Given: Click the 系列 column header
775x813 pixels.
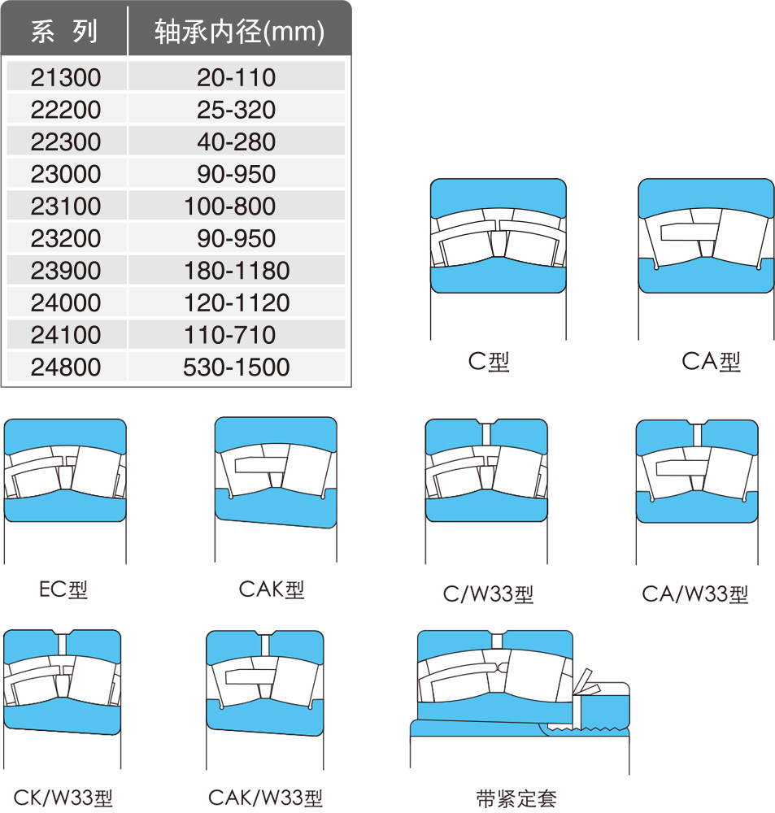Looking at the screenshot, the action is click(x=63, y=31).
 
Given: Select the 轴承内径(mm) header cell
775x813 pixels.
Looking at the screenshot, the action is click(x=239, y=32).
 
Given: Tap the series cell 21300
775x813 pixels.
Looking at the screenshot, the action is click(x=66, y=78).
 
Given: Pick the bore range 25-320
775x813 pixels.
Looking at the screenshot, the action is click(x=236, y=110).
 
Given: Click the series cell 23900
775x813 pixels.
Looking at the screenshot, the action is click(x=66, y=271).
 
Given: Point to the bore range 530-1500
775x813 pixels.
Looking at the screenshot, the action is click(x=236, y=367).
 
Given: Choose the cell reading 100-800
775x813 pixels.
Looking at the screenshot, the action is click(x=230, y=207).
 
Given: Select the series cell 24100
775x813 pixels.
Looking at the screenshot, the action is click(x=66, y=335).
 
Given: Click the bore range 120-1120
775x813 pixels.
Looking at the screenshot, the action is click(x=237, y=302).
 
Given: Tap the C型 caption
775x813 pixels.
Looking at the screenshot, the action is click(x=489, y=362).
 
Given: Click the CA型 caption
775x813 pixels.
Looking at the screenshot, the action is click(x=711, y=362).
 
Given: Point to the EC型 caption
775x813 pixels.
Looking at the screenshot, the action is click(x=63, y=589).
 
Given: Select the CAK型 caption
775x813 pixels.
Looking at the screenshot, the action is click(x=272, y=589).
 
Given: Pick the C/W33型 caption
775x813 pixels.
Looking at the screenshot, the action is click(x=488, y=594).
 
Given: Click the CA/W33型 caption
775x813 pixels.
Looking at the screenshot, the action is click(x=695, y=594).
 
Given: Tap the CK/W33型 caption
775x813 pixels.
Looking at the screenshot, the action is click(x=63, y=798).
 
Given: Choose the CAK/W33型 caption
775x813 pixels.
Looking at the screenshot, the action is click(x=265, y=798).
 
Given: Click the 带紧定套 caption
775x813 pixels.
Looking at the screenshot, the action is click(x=516, y=798).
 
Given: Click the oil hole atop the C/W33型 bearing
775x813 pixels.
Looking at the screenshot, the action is click(x=486, y=433).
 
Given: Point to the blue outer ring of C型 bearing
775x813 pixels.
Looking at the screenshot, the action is click(x=498, y=194).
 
